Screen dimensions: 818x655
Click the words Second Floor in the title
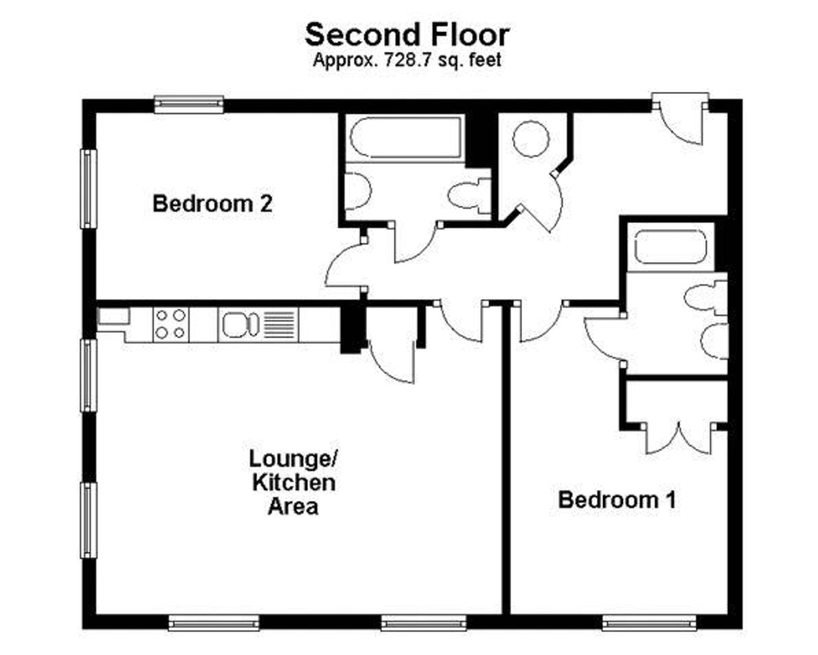pyautogui.click(x=407, y=35)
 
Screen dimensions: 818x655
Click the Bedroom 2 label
pyautogui.click(x=212, y=204)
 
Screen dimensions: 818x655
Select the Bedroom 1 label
pyautogui.click(x=617, y=500)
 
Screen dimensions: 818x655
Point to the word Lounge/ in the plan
pyautogui.click(x=294, y=459)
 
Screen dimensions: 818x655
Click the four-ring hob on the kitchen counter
pyautogui.click(x=170, y=324)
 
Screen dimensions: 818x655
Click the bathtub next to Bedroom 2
pyautogui.click(x=406, y=138)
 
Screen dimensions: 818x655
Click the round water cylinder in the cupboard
pyautogui.click(x=531, y=139)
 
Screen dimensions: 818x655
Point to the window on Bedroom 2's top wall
pyautogui.click(x=189, y=104)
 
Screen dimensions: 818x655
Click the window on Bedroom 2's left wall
pyautogui.click(x=89, y=188)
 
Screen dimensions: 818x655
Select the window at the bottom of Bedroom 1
pyautogui.click(x=649, y=625)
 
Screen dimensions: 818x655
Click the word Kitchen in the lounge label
pyautogui.click(x=294, y=483)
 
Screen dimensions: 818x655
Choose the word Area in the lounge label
pyautogui.click(x=293, y=507)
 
